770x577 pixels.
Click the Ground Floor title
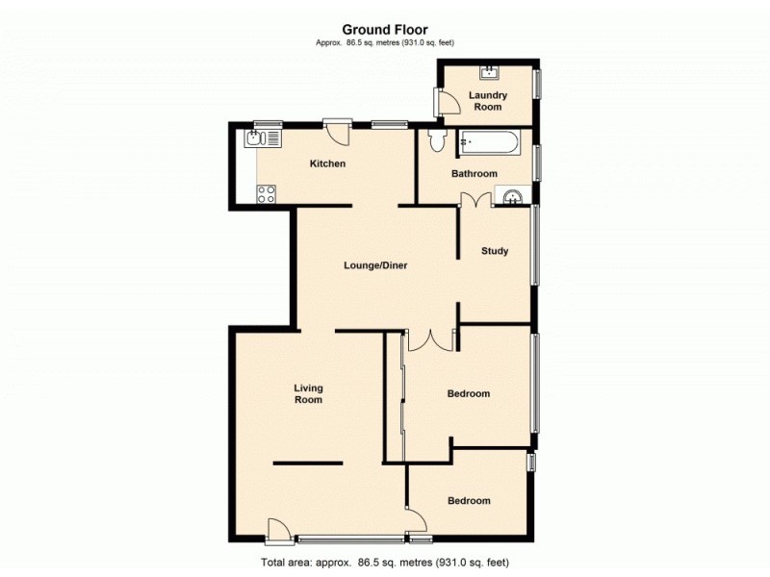(385, 30)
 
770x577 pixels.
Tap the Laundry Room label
(488, 101)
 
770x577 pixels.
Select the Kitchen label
(327, 163)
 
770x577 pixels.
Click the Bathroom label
(475, 174)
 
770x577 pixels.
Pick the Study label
(495, 252)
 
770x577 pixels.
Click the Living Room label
(308, 393)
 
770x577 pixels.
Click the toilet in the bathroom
(437, 142)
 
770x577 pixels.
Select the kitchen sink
(261, 138)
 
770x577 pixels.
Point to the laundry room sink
(489, 70)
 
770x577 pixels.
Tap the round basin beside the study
(512, 199)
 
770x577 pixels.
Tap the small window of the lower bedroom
(531, 463)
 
